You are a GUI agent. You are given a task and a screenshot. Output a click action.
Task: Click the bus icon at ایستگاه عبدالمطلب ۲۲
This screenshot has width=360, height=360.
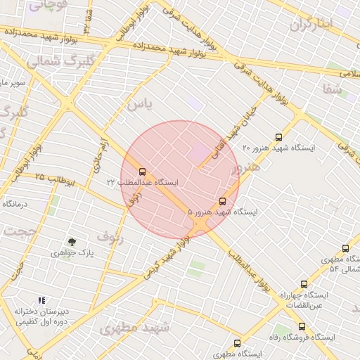point(143,171)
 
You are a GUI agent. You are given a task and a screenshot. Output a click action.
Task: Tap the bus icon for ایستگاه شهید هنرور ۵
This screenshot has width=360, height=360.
point(223,201)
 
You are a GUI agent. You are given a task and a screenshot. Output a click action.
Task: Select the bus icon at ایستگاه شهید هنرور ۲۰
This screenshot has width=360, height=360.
point(278,138)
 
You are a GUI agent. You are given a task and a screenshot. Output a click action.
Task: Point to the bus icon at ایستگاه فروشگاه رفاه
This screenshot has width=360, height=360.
point(302,326)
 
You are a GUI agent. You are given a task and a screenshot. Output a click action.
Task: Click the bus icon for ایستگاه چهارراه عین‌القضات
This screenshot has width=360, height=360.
point(304,284)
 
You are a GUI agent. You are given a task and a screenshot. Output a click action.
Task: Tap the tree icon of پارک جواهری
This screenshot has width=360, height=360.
point(71,242)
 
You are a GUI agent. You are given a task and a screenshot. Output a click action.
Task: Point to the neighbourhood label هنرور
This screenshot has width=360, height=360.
point(245,167)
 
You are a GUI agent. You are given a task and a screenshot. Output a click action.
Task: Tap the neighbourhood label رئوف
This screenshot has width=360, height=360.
point(110,237)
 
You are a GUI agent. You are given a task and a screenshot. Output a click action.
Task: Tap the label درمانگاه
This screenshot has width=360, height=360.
point(14,203)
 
